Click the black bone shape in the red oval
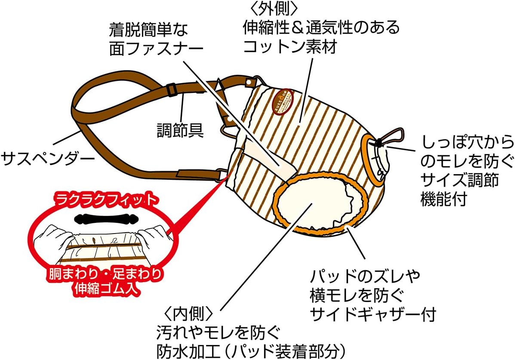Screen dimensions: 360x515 click(104, 218)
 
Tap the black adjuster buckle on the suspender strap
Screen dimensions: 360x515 click(170, 89)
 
